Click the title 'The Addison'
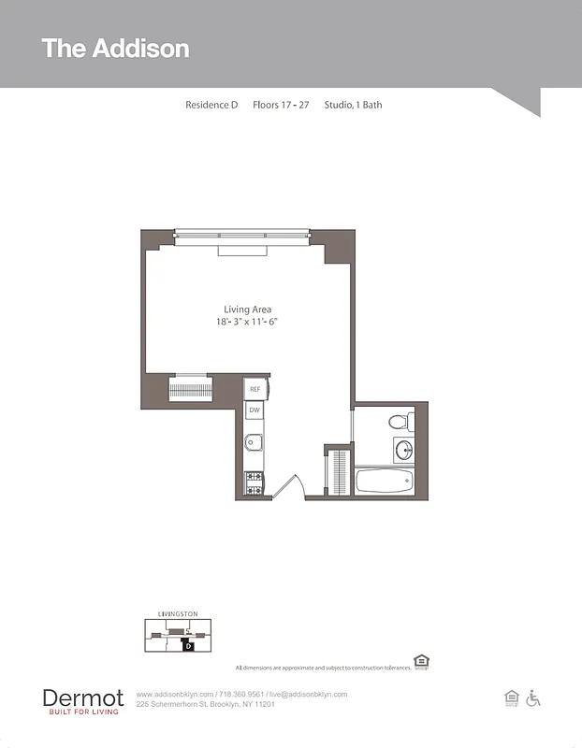click(115, 49)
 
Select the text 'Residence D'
click(211, 105)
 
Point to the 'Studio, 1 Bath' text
click(353, 105)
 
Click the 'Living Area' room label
click(248, 309)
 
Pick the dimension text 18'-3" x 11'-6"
click(248, 322)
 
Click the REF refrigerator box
click(255, 388)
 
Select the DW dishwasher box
click(255, 410)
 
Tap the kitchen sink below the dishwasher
click(253, 443)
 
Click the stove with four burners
click(253, 482)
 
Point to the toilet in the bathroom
click(398, 421)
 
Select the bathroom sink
click(403, 451)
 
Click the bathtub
click(384, 481)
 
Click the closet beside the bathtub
click(338, 471)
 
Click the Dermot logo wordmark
click(82, 698)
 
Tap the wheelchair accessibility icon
click(534, 698)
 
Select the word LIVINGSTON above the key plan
click(178, 614)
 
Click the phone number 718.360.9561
click(241, 695)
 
